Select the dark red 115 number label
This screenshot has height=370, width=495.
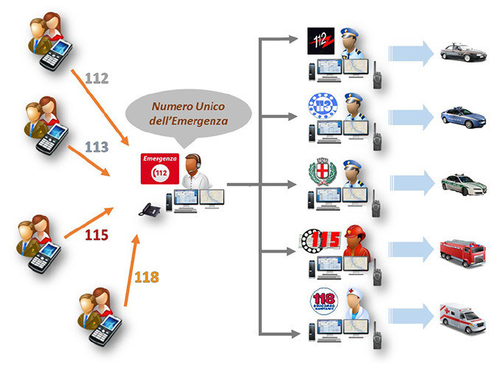point(96,235)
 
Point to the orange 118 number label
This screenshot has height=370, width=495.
point(147,278)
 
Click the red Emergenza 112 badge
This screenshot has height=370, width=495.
point(159,169)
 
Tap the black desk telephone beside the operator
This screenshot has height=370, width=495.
point(150,209)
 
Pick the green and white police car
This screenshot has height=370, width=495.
point(463,183)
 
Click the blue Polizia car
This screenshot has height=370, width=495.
point(463,116)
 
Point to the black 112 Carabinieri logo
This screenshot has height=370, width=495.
point(321,43)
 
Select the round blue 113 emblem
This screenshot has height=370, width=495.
point(322,108)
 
